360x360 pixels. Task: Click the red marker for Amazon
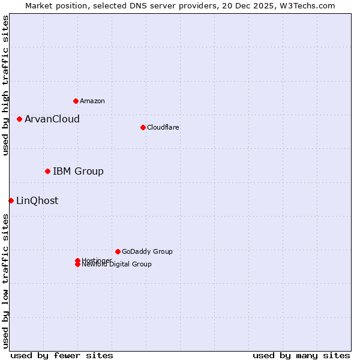(76, 101)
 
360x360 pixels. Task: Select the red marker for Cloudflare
(143, 127)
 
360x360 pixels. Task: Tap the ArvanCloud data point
(19, 119)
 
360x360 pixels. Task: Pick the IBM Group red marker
(47, 172)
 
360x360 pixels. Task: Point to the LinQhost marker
(11, 200)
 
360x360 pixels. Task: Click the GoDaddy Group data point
(118, 251)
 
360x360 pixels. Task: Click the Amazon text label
(92, 101)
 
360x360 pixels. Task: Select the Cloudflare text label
(163, 127)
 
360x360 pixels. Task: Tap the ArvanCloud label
(52, 119)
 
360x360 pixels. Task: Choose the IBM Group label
(78, 172)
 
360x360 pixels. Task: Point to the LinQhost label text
(37, 200)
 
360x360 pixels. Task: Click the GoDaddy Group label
(147, 251)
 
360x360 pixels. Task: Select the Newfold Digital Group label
(117, 265)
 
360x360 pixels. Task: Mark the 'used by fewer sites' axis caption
(62, 355)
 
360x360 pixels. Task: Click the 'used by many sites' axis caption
(301, 355)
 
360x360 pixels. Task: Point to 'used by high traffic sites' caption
(6, 85)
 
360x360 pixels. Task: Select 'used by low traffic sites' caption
(6, 281)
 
